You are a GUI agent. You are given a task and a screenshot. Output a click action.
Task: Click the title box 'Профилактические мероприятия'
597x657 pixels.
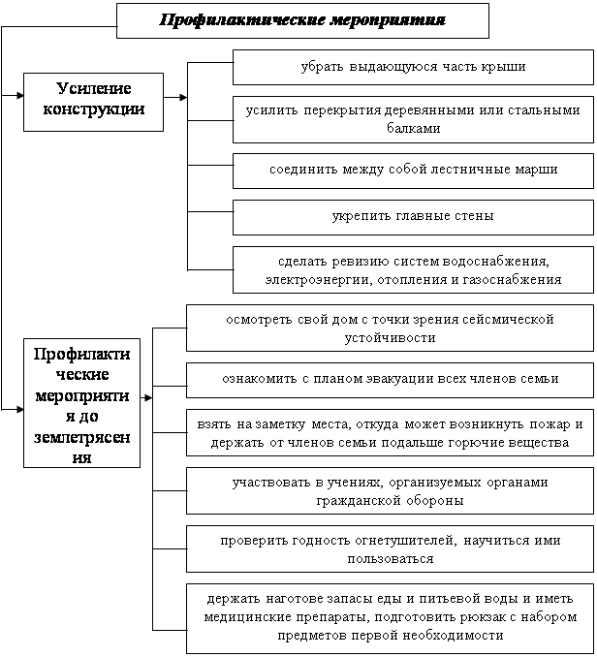coord(302,20)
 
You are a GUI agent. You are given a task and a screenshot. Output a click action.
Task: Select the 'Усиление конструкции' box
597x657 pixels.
coord(93,102)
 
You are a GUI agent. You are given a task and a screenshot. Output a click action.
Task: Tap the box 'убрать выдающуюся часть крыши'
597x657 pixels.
coord(413,67)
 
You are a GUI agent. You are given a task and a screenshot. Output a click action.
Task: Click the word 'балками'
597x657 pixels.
coord(414,128)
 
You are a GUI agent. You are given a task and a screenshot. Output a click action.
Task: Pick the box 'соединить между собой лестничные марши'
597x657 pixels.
coord(413,171)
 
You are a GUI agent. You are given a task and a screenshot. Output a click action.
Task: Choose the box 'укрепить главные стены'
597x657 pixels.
coord(413,217)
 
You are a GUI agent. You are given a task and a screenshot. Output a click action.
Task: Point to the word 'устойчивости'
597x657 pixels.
coord(390,338)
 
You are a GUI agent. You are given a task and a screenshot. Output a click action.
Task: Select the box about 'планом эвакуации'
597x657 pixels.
coord(390,380)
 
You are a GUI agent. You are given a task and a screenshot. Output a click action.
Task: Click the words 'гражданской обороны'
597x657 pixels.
coord(390,501)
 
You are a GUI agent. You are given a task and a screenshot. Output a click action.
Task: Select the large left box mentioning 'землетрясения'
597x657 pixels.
coord(81,403)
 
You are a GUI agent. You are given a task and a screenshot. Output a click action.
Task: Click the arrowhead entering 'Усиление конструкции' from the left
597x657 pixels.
coord(20,96)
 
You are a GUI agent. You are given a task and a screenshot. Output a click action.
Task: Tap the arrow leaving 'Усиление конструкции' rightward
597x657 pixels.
coord(175,97)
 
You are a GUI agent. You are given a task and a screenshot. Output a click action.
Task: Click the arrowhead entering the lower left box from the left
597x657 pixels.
coord(20,409)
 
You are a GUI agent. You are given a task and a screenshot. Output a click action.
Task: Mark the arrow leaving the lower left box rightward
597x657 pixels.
coord(146,397)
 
